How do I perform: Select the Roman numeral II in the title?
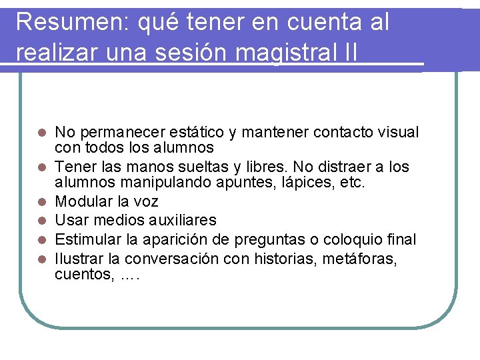pyautogui.click(x=347, y=51)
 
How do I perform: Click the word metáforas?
pyautogui.click(x=361, y=258)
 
